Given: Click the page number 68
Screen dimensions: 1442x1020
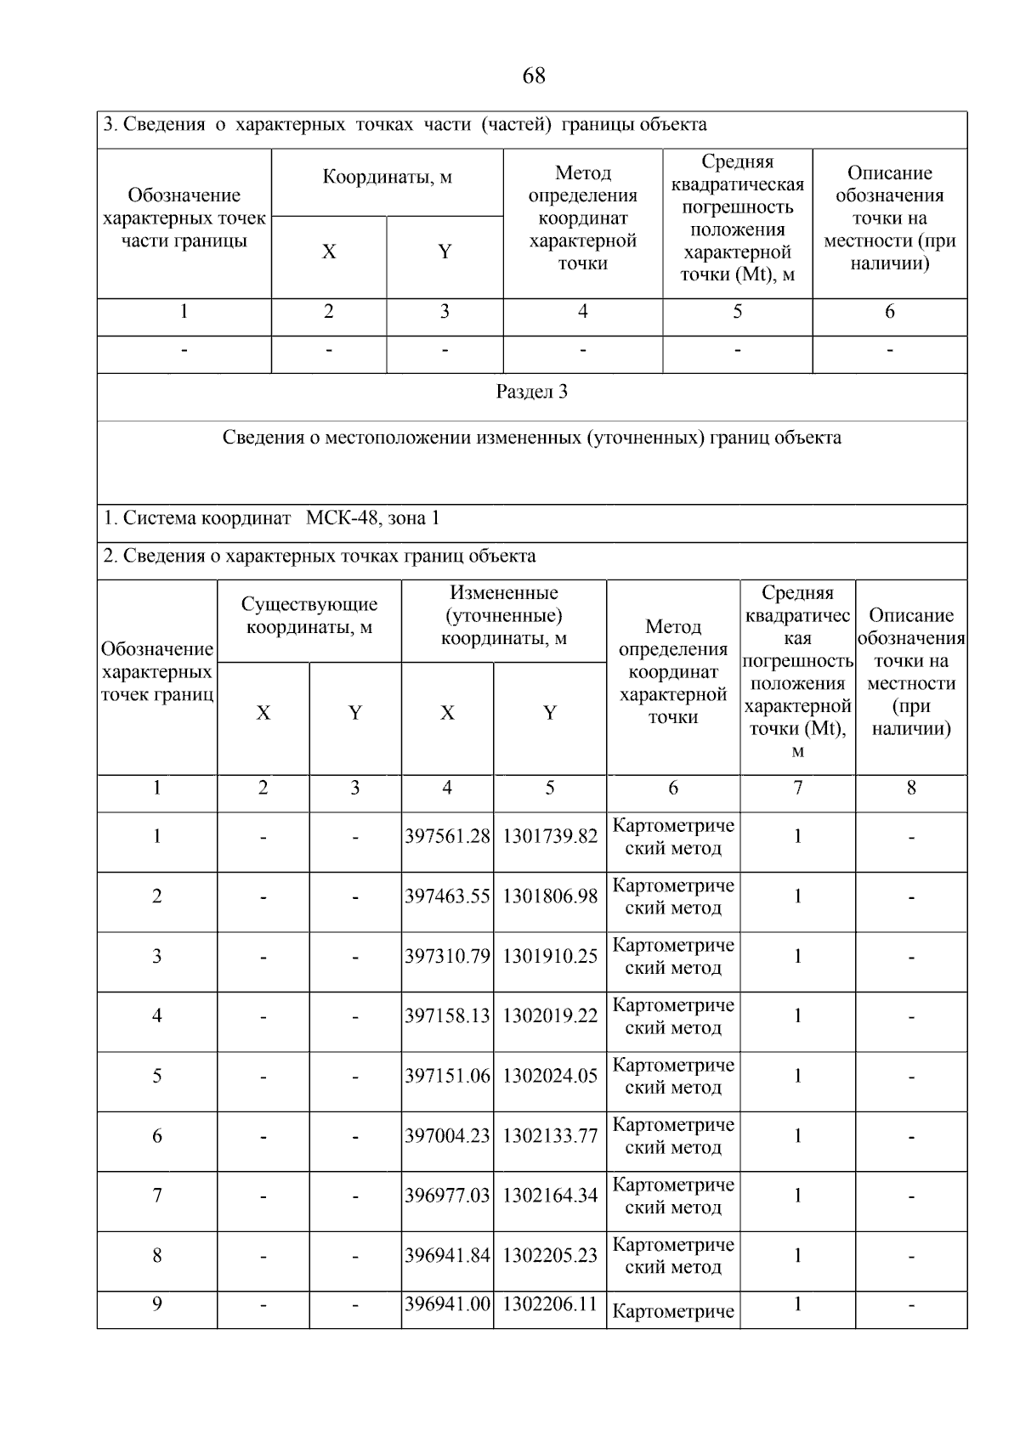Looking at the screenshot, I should pyautogui.click(x=533, y=76).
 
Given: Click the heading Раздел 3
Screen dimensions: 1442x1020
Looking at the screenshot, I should pyautogui.click(x=531, y=393).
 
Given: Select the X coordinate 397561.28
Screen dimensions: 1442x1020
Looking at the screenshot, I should pyautogui.click(x=447, y=837).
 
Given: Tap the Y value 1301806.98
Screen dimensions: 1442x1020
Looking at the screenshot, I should pyautogui.click(x=550, y=896).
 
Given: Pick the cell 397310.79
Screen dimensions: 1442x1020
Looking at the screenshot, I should pyautogui.click(x=447, y=957).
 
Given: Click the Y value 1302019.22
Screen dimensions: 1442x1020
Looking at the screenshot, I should pyautogui.click(x=550, y=1016).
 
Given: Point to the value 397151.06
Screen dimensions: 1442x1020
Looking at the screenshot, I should pyautogui.click(x=447, y=1077).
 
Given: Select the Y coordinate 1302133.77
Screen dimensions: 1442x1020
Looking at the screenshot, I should pyautogui.click(x=550, y=1136).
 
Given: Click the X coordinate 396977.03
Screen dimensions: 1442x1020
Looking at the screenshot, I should pyautogui.click(x=447, y=1196).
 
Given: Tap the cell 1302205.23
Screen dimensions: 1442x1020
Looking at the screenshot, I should pyautogui.click(x=550, y=1256).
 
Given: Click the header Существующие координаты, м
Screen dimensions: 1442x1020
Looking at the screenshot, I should pyautogui.click(x=309, y=616).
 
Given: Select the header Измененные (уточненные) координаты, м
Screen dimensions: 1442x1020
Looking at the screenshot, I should pyautogui.click(x=503, y=616).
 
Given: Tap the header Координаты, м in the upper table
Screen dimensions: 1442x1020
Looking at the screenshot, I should pyautogui.click(x=387, y=178).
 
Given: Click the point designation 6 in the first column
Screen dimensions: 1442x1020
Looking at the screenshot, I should pyautogui.click(x=157, y=1136).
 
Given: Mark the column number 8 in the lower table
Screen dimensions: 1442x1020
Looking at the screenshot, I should pyautogui.click(x=911, y=789).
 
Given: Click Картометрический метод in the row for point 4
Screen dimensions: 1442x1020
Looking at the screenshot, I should pyautogui.click(x=673, y=1016).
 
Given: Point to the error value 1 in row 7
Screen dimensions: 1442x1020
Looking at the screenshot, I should pyautogui.click(x=797, y=1196).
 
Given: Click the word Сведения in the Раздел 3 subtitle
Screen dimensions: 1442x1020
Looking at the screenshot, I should pyautogui.click(x=262, y=438).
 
